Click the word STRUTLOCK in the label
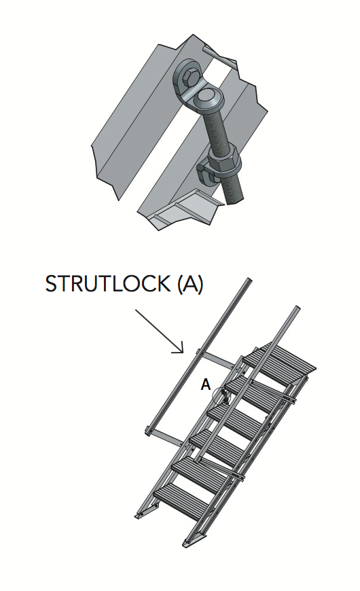[108, 284]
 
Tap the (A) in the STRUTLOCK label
[190, 284]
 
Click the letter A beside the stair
[206, 385]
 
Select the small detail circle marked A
[221, 396]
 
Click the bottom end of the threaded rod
[237, 198]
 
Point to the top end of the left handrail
[249, 281]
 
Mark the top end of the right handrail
[296, 310]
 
